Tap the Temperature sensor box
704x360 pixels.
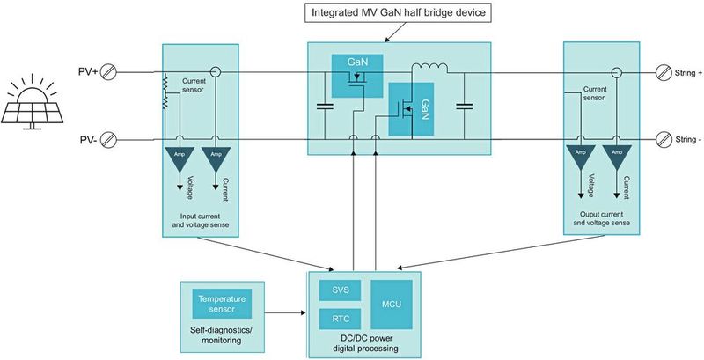[x=222, y=303]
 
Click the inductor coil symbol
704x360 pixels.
[x=430, y=69]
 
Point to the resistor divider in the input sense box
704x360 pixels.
[x=165, y=92]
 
